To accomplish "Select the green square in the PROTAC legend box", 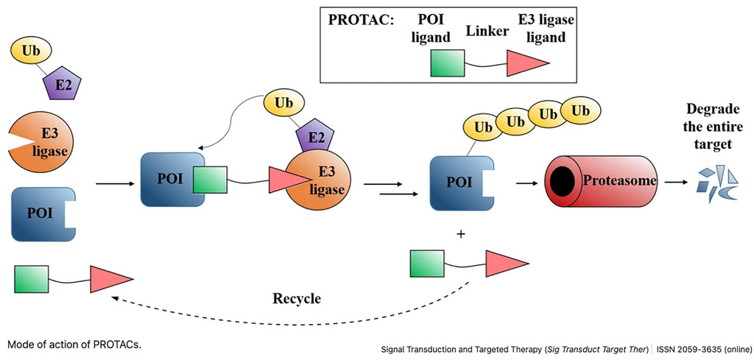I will pos(447,64).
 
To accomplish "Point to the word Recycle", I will pos(296,299).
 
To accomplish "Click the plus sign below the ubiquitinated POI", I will pos(462,235).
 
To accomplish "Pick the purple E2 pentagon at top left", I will pos(63,85).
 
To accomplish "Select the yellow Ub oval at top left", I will pos(30,51).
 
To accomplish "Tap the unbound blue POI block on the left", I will pos(40,215).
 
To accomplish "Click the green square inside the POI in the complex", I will pos(210,179).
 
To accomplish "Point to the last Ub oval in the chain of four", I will pos(579,111).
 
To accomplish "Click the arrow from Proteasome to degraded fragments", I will pos(676,181).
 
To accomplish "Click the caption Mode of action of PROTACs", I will pos(74,344).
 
